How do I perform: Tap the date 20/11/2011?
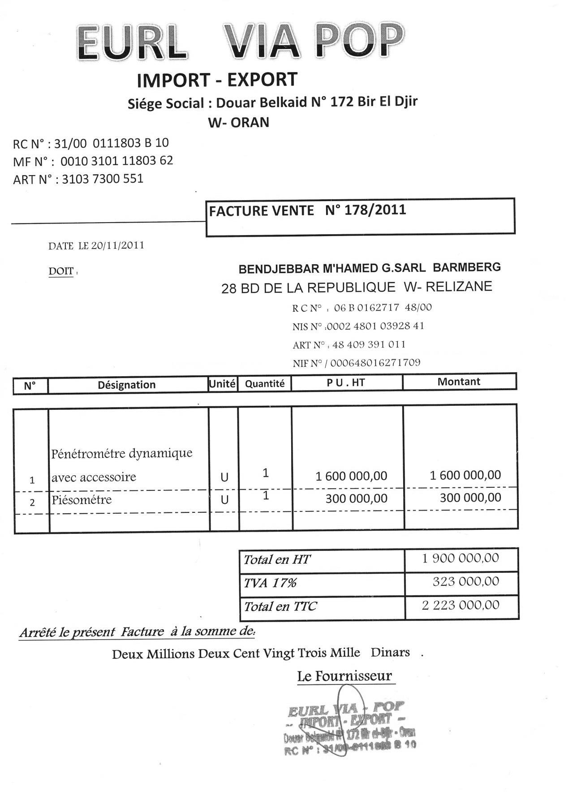tap(117, 245)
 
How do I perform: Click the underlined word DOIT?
tap(61, 271)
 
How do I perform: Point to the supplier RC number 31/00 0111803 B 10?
tap(112, 143)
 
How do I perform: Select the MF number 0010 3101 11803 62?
tap(116, 161)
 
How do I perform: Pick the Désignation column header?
tap(127, 385)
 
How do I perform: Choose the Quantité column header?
tap(265, 384)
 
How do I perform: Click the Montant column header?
tap(459, 382)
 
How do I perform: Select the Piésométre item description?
tap(82, 499)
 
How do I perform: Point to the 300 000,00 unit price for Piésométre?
tap(356, 498)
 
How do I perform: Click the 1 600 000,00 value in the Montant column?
tap(465, 475)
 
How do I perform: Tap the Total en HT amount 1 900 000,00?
tap(460, 558)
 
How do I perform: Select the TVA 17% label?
tap(270, 583)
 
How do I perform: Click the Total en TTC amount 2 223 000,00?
tap(460, 605)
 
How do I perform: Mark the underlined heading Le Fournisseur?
tap(344, 676)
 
